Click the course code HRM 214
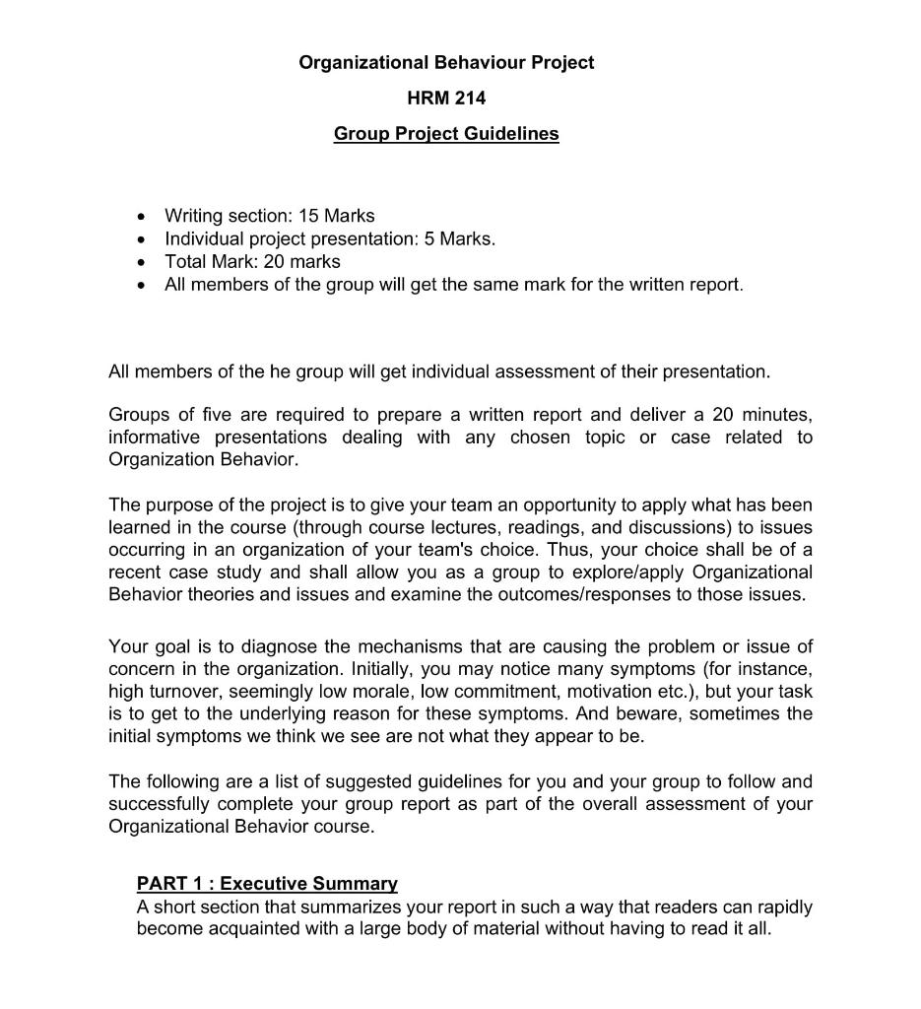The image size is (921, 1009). pos(446,98)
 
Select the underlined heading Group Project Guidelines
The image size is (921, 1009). pos(446,134)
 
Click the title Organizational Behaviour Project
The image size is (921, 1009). pos(446,63)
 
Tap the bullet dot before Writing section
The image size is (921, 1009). pos(145,216)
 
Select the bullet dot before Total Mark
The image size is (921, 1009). pos(145,262)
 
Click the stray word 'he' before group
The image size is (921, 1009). pos(280,371)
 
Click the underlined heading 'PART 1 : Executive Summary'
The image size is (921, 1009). pos(267,884)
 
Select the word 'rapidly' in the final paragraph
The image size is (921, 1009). pos(782,907)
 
